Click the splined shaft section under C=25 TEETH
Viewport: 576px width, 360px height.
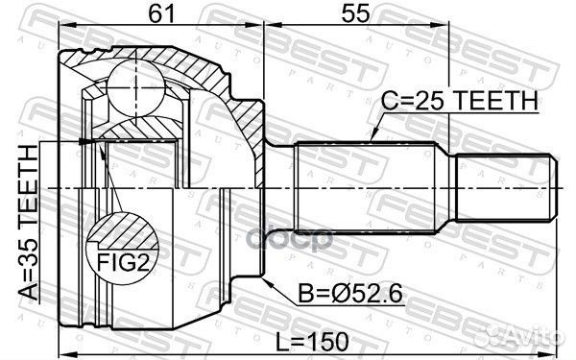[x=365, y=186]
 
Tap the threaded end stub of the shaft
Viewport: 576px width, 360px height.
[x=505, y=186]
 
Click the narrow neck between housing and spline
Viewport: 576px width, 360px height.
[x=279, y=186]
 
